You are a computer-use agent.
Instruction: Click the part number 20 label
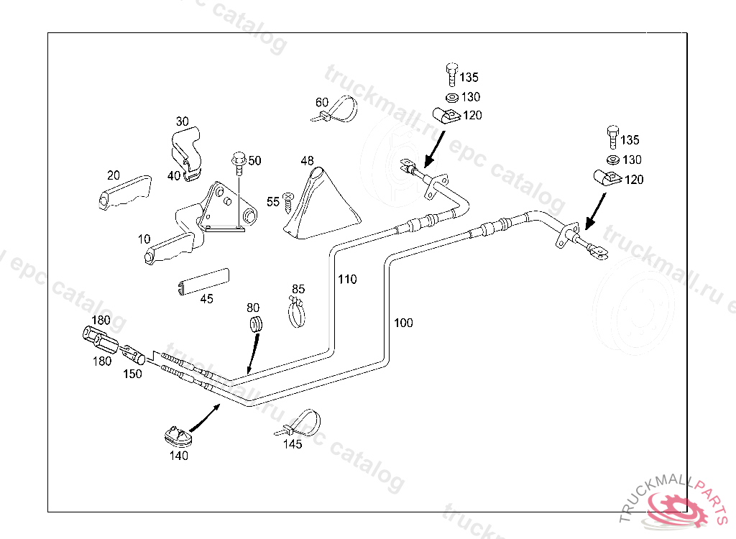point(113,175)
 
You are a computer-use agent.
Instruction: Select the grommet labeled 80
point(254,323)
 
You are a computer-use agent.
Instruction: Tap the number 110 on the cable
point(346,280)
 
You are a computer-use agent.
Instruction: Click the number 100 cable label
point(403,323)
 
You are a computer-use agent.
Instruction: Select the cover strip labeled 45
point(204,282)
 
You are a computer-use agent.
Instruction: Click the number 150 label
point(132,374)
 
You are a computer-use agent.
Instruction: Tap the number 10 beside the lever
point(144,238)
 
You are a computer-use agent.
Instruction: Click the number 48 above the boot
point(308,160)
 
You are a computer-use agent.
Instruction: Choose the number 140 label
point(178,456)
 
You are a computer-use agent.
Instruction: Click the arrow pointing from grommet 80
point(252,355)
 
